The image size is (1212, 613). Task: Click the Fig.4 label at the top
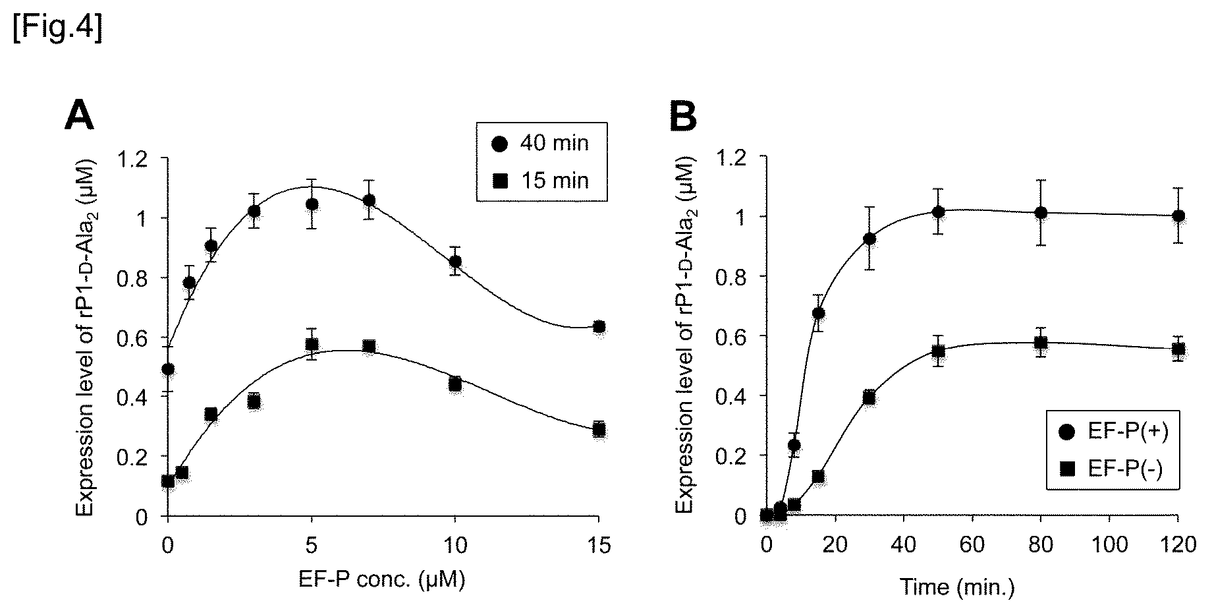click(57, 31)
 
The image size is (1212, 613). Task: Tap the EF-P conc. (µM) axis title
click(382, 580)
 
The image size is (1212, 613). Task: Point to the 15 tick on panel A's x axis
click(598, 546)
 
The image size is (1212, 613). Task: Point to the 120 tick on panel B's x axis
click(1178, 546)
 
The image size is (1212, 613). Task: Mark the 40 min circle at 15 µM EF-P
click(598, 327)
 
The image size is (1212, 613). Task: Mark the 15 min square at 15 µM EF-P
click(598, 429)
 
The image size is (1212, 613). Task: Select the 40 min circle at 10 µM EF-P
click(454, 262)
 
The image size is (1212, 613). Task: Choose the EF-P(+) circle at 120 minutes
click(1178, 216)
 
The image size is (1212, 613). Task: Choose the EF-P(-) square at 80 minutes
click(1041, 342)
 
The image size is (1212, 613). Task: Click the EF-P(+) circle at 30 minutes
click(869, 239)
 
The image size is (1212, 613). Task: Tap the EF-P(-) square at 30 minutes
click(869, 397)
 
